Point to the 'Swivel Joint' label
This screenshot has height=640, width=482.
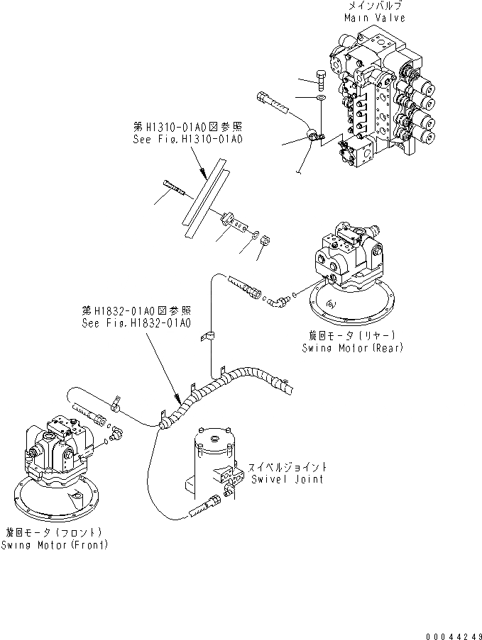point(287,478)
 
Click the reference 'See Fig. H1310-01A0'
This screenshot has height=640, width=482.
point(187,140)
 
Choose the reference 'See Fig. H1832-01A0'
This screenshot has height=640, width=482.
point(136,323)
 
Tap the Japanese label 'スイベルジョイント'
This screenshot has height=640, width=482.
point(287,467)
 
